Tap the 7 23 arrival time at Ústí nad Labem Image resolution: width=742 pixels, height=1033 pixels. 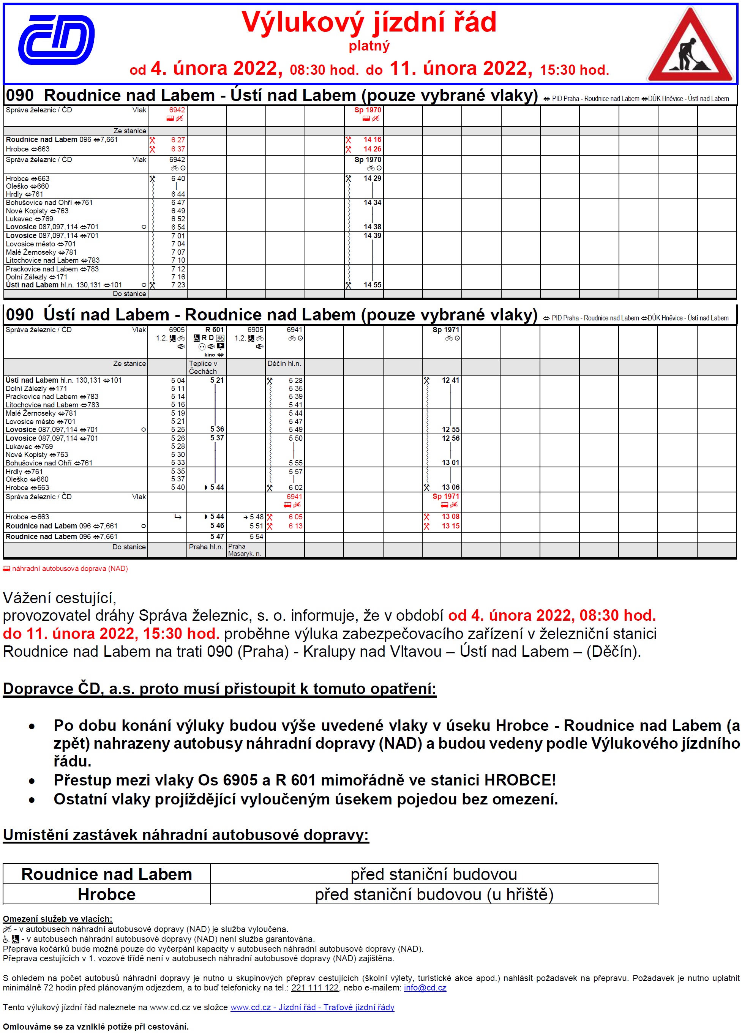point(178,285)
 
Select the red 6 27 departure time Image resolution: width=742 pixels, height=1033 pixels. point(178,140)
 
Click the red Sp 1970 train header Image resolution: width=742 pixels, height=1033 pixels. point(368,110)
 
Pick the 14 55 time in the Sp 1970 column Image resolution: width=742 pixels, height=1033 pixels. point(372,285)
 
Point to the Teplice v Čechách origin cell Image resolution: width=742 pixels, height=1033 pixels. point(203,367)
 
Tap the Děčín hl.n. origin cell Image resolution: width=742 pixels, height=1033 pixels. point(284,363)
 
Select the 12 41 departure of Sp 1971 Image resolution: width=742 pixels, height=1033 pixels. point(450,380)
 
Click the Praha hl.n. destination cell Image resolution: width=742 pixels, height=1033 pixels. point(206,547)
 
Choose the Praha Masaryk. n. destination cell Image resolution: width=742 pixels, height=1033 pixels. point(245,550)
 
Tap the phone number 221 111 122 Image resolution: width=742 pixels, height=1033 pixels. point(315,987)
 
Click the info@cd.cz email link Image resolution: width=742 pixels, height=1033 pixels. point(425,987)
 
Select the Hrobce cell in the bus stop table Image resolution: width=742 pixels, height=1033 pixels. point(107,894)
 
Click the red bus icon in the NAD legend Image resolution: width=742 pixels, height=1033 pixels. point(6,568)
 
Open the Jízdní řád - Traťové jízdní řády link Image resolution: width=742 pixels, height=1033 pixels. point(312,1007)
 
